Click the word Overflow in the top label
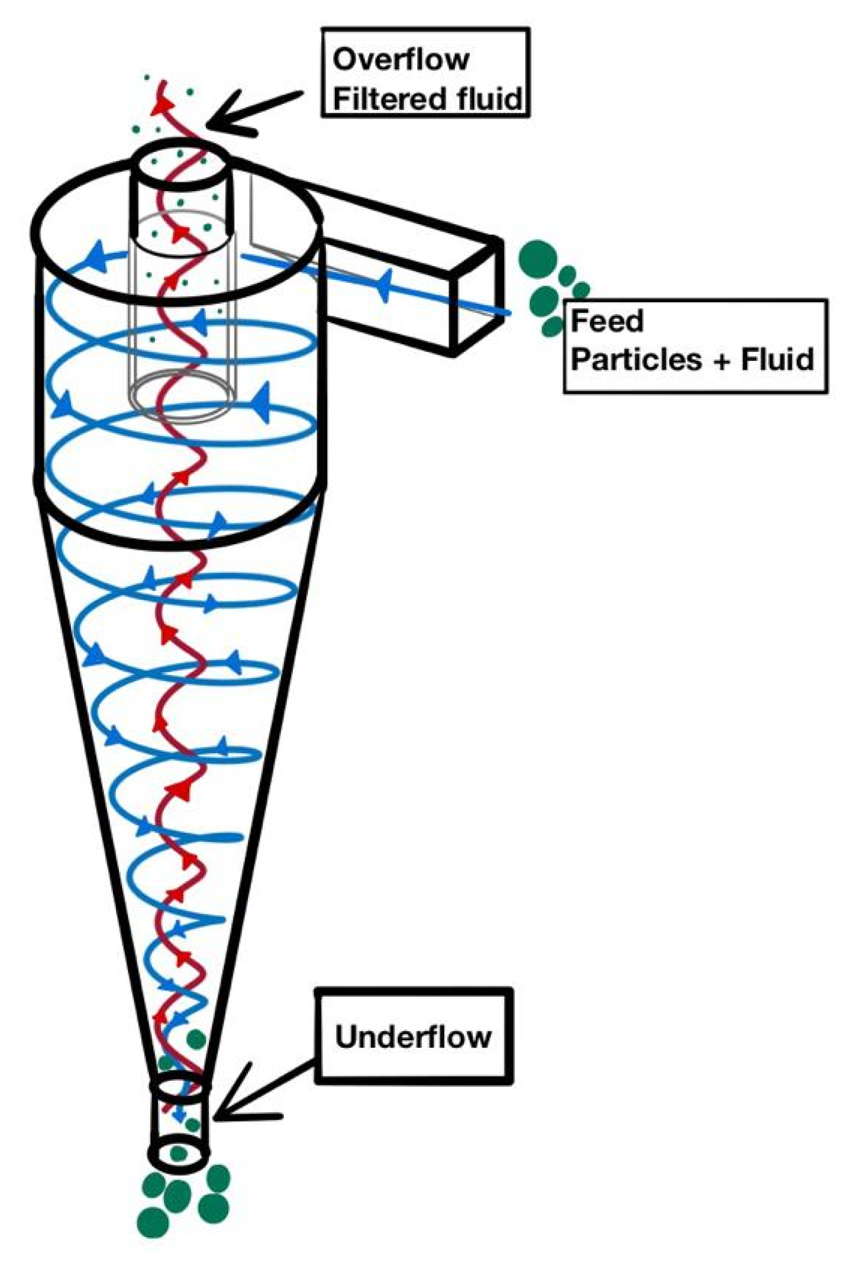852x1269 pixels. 401,60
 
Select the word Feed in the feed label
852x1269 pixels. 606,321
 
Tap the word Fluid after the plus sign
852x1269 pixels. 777,359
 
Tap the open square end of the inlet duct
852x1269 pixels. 477,296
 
